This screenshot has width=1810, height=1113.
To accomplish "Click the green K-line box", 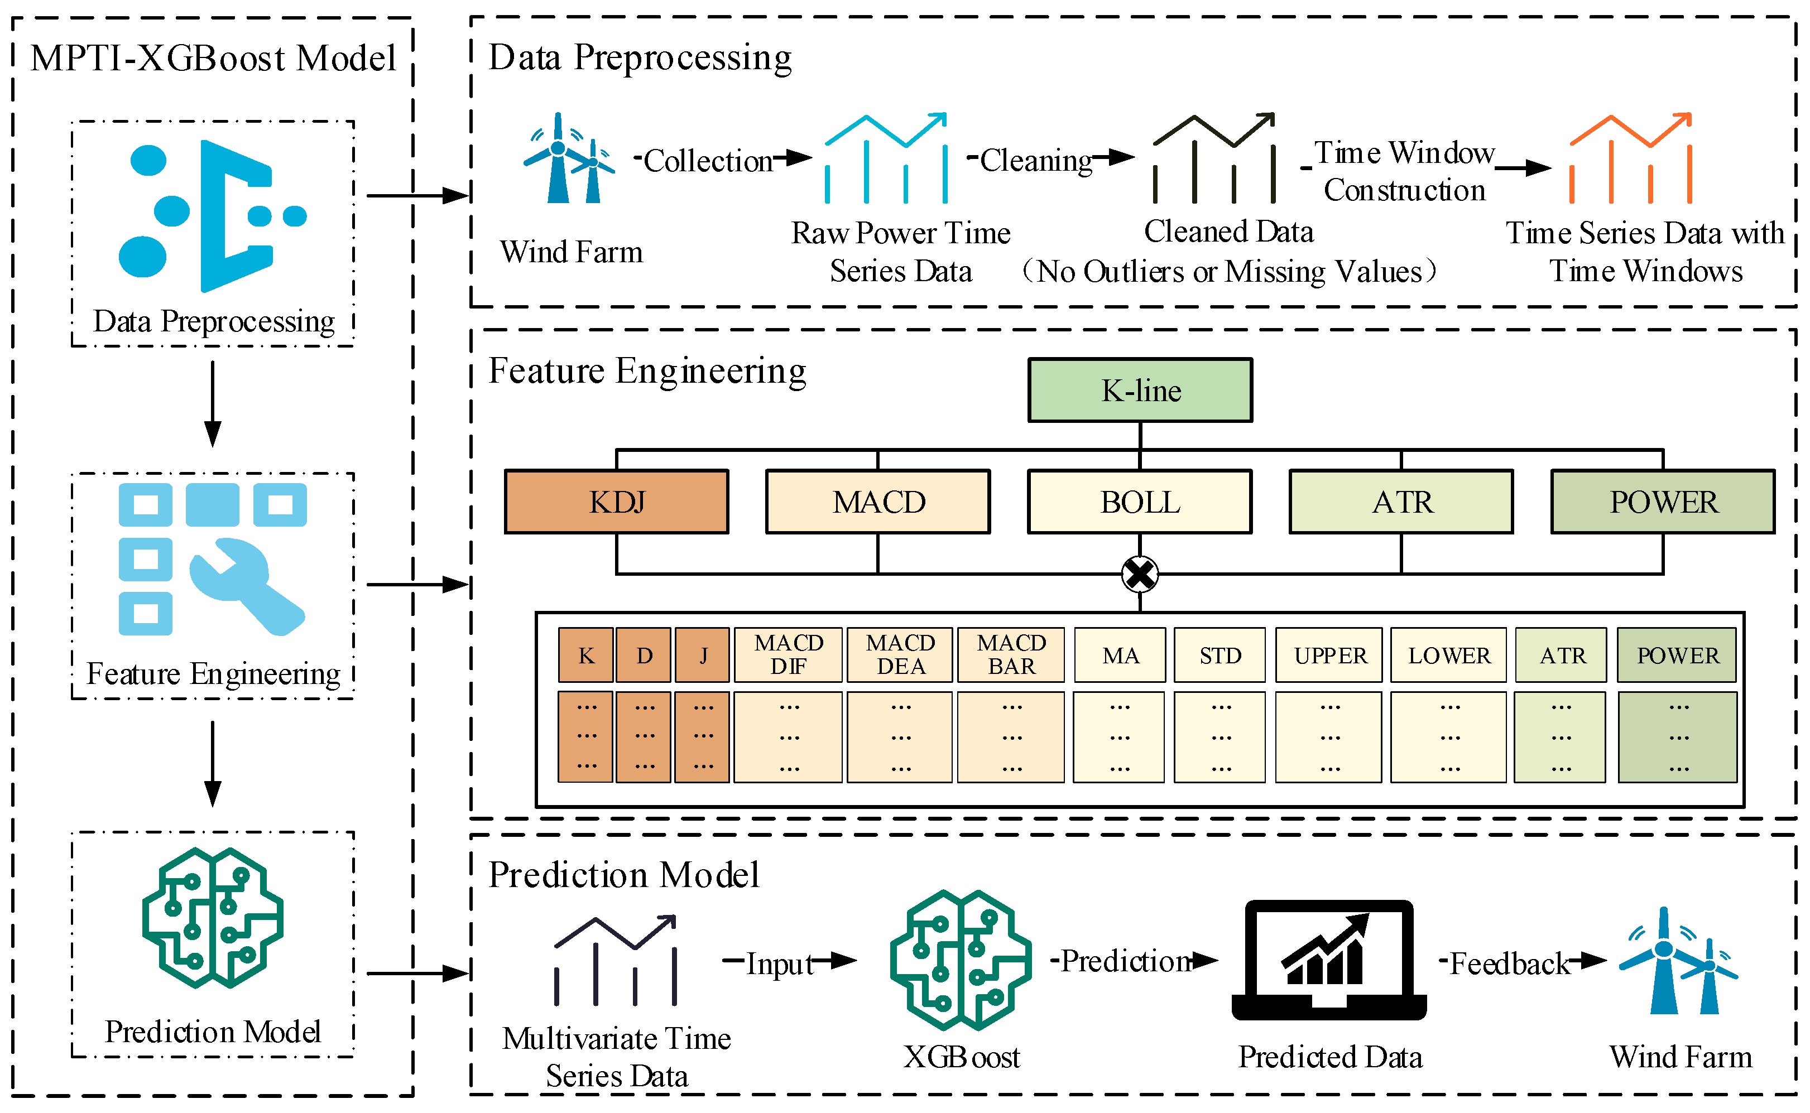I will tap(1140, 390).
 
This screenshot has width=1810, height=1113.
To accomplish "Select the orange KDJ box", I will tap(616, 502).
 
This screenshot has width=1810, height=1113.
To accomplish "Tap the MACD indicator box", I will tap(878, 502).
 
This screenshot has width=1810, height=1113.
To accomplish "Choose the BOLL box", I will tap(1140, 502).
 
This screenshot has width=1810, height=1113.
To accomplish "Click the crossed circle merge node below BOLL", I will tap(1140, 574).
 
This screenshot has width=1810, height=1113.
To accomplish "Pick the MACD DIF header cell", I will tap(788, 654).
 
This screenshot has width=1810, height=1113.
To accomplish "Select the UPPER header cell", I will tap(1329, 654).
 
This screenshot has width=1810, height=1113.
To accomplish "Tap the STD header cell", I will tap(1220, 654).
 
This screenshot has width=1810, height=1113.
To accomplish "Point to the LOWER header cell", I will tap(1448, 654).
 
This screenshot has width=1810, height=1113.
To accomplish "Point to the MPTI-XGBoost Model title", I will tap(214, 58).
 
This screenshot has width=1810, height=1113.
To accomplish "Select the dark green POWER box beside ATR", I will tap(1663, 502).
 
